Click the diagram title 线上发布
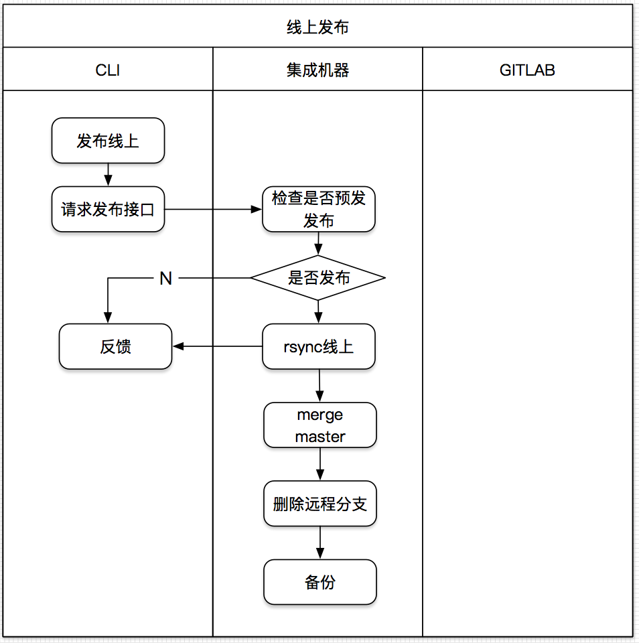pos(318,27)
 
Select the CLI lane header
pos(108,70)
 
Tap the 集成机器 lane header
pos(318,70)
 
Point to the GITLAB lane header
pos(527,70)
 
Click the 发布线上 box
pos(108,141)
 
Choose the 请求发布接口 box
pos(108,210)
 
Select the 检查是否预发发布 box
pos(318,210)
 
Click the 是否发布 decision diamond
pos(318,277)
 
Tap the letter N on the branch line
pos(165,279)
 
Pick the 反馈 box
pos(115,346)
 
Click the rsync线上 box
pos(318,346)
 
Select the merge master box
pos(320,425)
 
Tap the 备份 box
pos(320,582)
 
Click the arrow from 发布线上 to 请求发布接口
pos(108,175)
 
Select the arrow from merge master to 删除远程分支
pos(320,464)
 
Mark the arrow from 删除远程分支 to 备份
pos(320,543)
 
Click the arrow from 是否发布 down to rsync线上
pos(318,312)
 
